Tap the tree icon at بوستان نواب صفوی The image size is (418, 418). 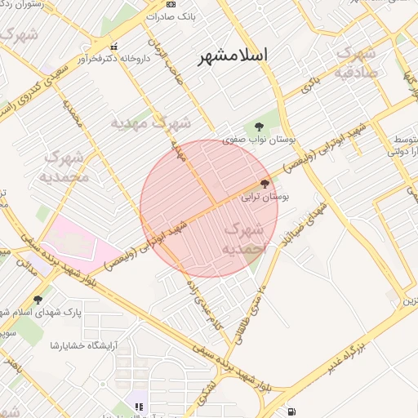click(x=260, y=126)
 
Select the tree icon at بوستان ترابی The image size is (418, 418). click(x=265, y=184)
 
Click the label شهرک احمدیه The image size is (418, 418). click(x=243, y=238)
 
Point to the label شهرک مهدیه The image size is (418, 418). click(x=151, y=122)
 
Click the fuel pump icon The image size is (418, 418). click(x=292, y=410)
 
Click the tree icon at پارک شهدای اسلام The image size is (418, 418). click(x=38, y=300)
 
